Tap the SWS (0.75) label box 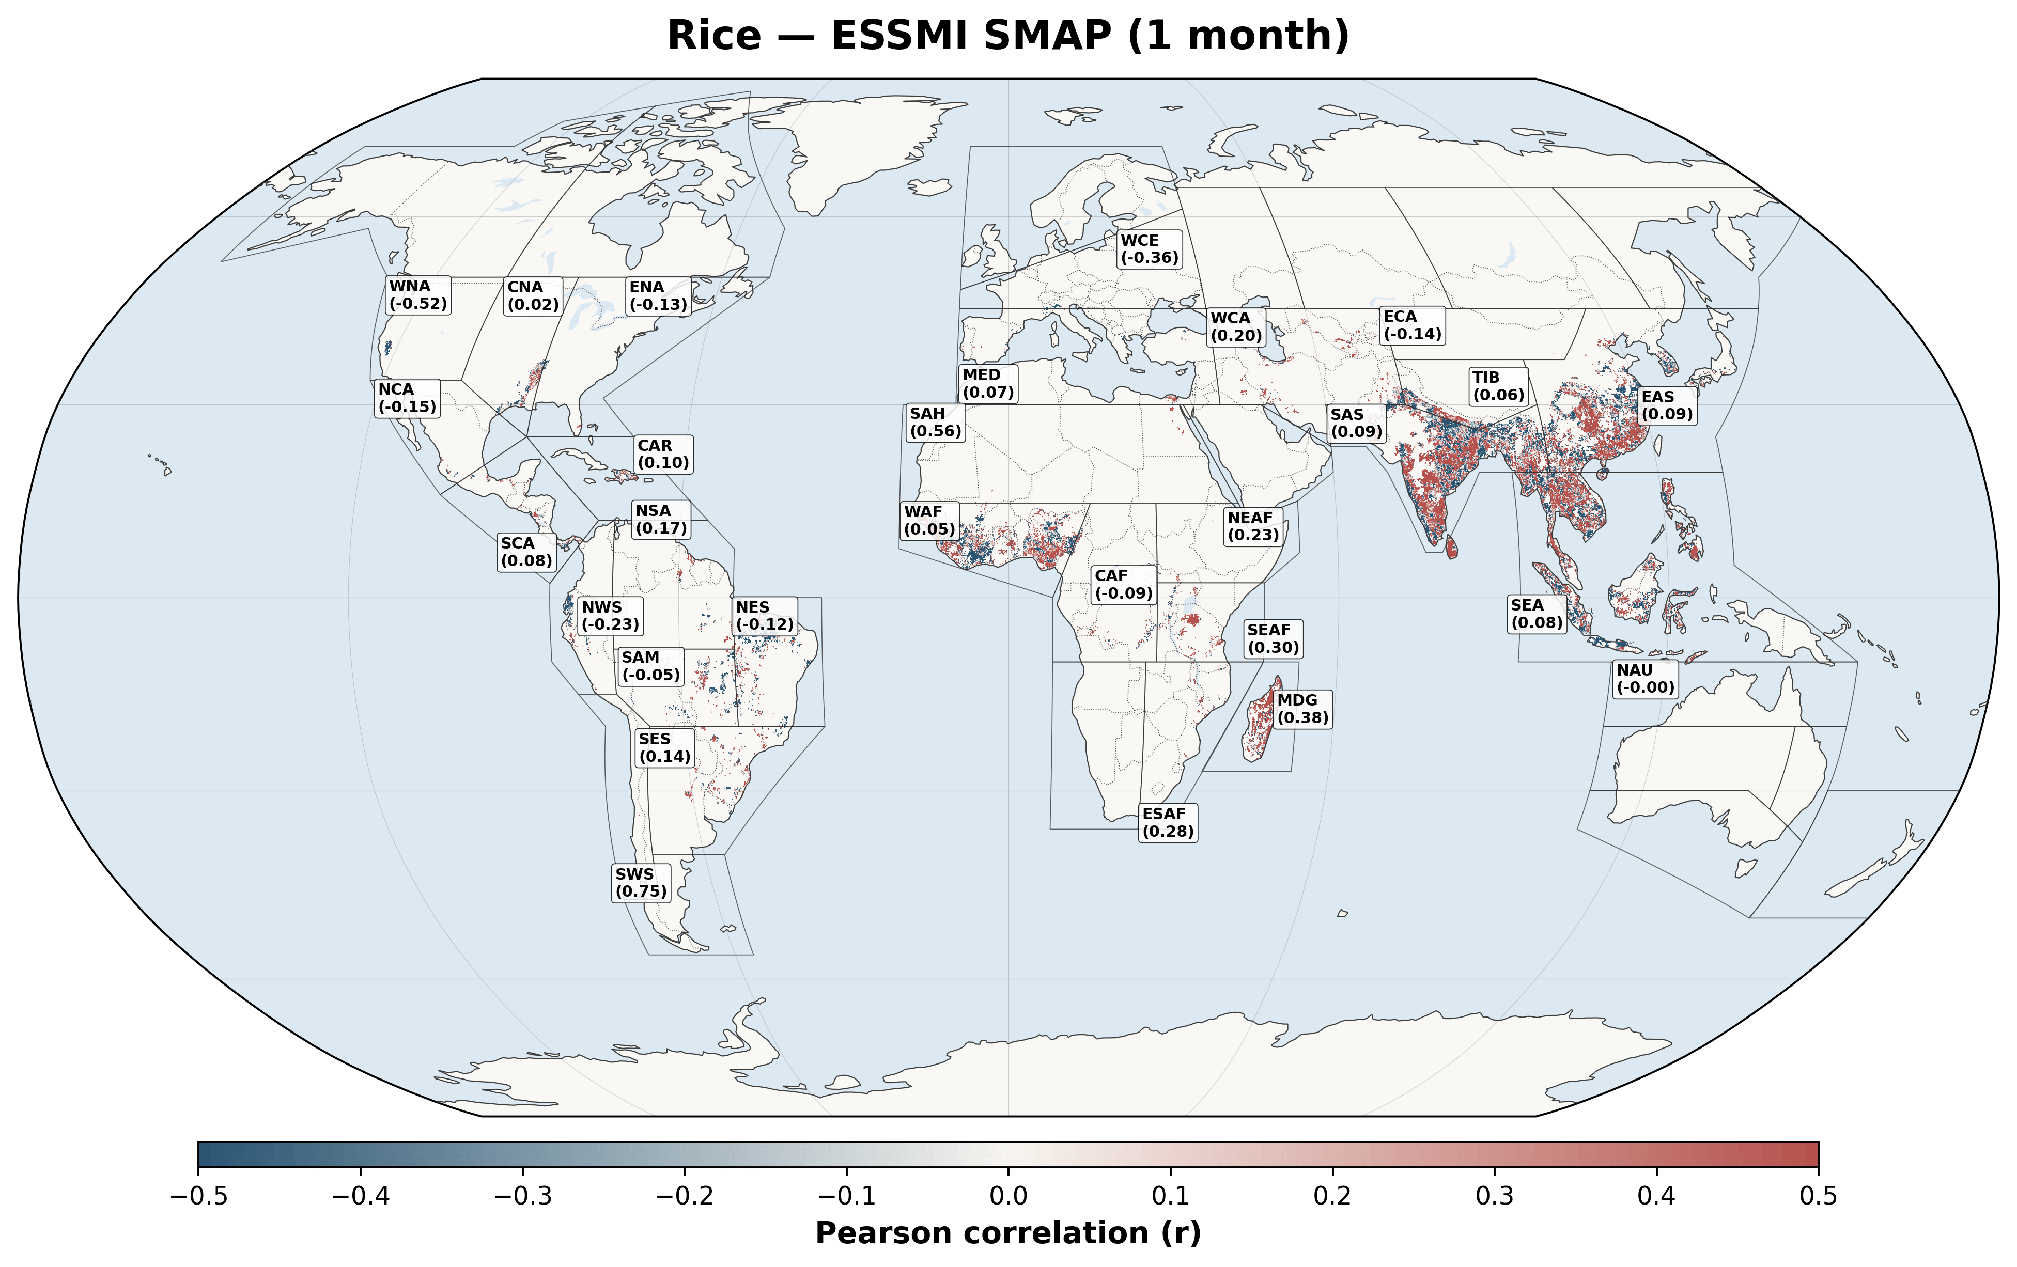[641, 883]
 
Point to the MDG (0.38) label [1301, 709]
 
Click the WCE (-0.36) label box [1149, 249]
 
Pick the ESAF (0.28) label [1168, 822]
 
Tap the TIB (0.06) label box [1498, 386]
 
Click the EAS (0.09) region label [1666, 405]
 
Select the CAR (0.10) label [662, 454]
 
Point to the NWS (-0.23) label [610, 616]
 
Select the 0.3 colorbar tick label [1494, 1196]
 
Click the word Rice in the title [713, 36]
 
